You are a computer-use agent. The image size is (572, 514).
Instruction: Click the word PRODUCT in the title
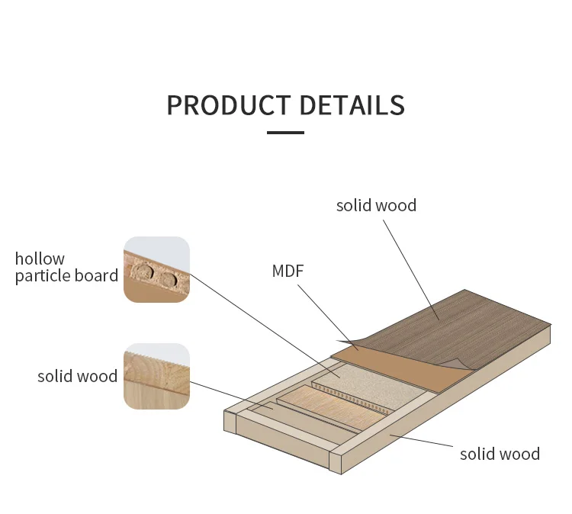[229, 104]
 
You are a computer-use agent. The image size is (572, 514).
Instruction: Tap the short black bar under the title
[285, 133]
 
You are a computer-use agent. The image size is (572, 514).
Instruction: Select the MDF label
[288, 271]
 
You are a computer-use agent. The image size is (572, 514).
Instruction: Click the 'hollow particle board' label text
[66, 267]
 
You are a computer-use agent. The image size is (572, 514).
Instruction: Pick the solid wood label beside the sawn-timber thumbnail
[77, 376]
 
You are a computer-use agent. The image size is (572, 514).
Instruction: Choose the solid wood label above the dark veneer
[376, 205]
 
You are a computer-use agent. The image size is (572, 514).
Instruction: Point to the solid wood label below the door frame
[500, 454]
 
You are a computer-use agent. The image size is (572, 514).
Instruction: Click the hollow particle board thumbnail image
[156, 269]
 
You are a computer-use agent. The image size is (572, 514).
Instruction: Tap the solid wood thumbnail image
[156, 376]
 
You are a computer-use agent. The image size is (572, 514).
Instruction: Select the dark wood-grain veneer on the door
[473, 328]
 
